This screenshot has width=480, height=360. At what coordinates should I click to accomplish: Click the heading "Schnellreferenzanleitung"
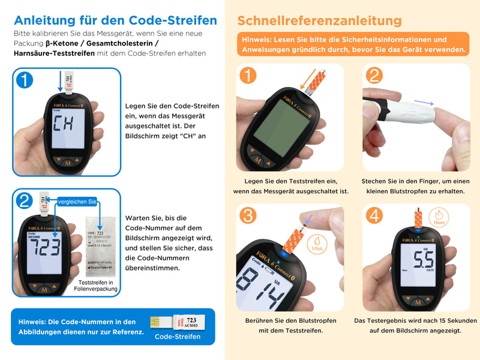(x=319, y=20)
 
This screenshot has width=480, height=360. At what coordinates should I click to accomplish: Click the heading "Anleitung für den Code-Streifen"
(x=115, y=20)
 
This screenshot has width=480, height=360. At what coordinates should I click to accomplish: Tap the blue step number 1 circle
(x=25, y=80)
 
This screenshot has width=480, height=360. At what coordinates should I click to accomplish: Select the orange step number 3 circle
(x=248, y=215)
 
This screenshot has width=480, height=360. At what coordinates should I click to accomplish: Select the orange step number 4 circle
(x=374, y=215)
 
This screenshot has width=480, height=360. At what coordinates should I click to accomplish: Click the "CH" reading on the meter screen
(x=64, y=125)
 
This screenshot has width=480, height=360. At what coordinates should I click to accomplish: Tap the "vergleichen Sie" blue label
(x=77, y=202)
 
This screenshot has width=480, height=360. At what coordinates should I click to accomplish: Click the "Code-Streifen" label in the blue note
(x=177, y=337)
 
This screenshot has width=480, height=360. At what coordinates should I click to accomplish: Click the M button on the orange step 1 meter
(x=258, y=160)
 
